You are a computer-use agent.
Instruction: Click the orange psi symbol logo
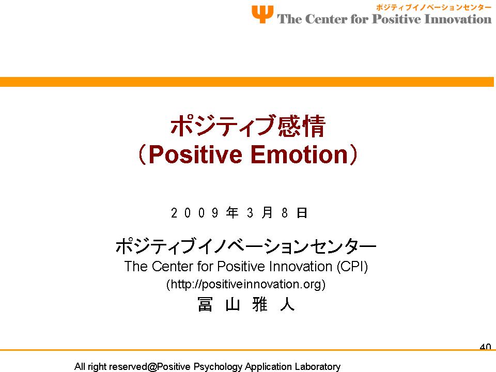click(x=262, y=14)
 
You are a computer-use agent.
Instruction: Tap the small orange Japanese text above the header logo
click(x=433, y=7)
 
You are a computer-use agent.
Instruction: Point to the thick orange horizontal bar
click(x=247, y=82)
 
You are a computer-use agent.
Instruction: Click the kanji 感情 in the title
click(x=301, y=126)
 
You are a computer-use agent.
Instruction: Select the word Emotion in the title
click(x=299, y=154)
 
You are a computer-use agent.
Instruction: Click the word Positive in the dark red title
click(x=195, y=154)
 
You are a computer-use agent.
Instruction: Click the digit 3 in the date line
click(x=250, y=212)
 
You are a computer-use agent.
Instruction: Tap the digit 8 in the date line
click(x=285, y=212)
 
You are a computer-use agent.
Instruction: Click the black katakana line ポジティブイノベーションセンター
click(x=246, y=246)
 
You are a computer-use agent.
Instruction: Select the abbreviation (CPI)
click(x=352, y=267)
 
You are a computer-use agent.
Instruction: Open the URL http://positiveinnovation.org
click(x=246, y=284)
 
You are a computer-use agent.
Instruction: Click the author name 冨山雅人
click(x=246, y=304)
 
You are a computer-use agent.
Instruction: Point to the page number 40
click(x=485, y=347)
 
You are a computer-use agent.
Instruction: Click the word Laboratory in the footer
click(x=318, y=367)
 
